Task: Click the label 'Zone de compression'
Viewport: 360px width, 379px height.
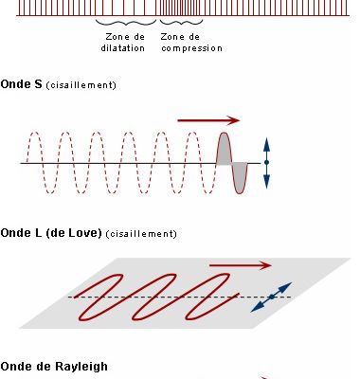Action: (x=191, y=42)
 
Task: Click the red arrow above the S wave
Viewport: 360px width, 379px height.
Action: (x=208, y=120)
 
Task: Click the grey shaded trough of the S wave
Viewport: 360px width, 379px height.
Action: (x=239, y=177)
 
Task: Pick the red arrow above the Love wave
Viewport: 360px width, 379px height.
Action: (x=241, y=264)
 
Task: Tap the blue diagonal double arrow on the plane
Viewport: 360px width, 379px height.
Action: (x=271, y=298)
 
